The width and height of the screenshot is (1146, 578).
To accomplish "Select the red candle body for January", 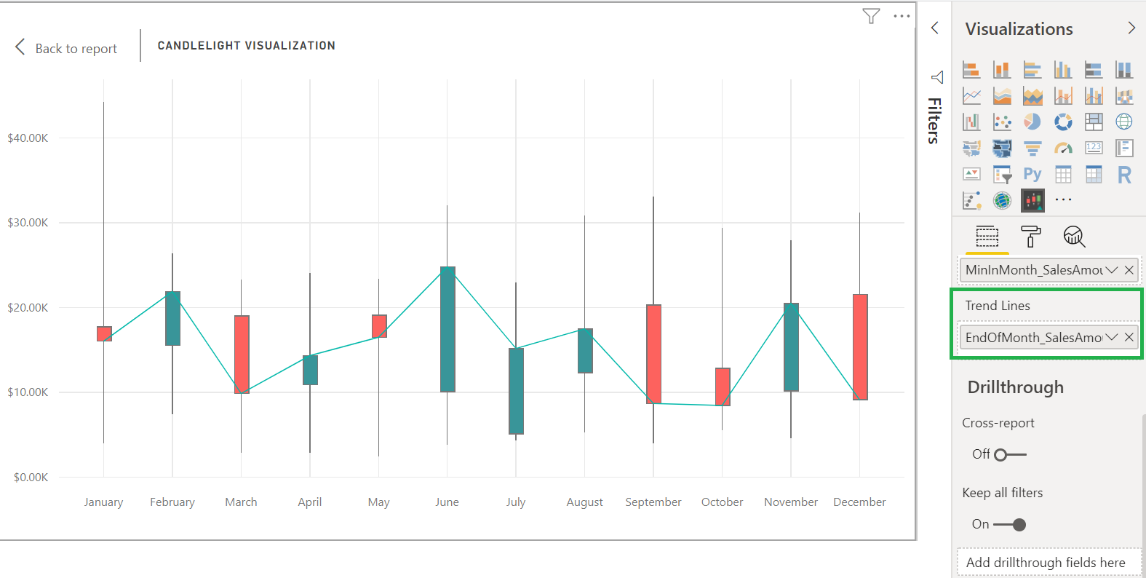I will click(104, 333).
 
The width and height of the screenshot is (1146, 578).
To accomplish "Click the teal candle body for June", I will click(447, 329).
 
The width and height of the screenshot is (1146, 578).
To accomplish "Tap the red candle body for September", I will click(653, 354).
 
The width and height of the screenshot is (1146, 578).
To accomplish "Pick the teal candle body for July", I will click(516, 391).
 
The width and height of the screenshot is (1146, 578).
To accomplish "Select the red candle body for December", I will click(860, 347).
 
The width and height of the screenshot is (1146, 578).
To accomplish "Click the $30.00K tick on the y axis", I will click(28, 223).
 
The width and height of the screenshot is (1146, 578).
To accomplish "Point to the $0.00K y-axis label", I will click(31, 478).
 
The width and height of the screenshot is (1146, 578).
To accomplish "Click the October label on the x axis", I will click(722, 502).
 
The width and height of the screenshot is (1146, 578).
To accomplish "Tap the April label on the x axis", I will click(310, 502).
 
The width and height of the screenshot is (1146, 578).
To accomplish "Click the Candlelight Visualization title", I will click(246, 45).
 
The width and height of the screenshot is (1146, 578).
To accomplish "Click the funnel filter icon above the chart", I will click(871, 16).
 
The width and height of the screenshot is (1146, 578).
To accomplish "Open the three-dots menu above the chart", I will click(902, 16).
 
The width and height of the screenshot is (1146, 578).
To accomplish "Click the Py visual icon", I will click(1032, 174).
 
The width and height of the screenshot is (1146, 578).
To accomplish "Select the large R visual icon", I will click(1124, 175).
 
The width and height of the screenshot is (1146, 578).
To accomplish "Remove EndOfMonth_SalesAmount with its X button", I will click(1129, 337).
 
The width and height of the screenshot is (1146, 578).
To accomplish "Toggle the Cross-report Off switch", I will click(1009, 455).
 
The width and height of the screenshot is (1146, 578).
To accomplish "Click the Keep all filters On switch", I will click(1010, 525).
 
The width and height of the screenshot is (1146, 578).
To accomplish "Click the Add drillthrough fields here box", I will click(1045, 563).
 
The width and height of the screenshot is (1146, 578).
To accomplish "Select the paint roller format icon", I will click(1030, 237).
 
